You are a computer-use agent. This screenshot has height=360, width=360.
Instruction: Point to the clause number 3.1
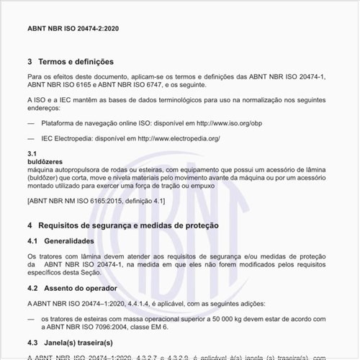[32, 154]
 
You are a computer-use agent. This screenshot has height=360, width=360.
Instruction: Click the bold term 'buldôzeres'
[45, 161]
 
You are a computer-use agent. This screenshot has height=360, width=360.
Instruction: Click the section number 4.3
[32, 342]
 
